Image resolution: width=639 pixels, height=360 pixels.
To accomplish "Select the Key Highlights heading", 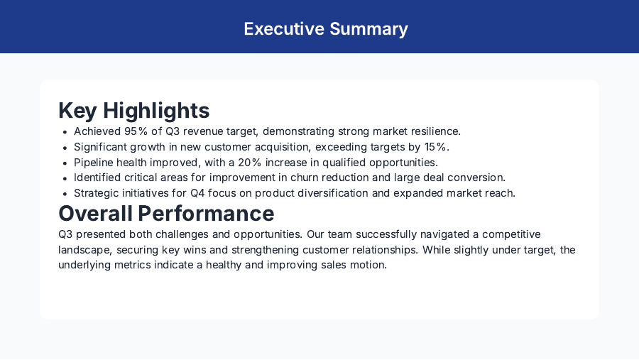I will (x=133, y=111).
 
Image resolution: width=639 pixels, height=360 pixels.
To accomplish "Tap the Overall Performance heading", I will (x=166, y=213).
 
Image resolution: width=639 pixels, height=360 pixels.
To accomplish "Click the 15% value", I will (x=435, y=147).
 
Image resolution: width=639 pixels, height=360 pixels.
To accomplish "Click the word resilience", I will (x=435, y=131).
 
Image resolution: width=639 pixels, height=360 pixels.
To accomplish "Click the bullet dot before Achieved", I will (x=65, y=132).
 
